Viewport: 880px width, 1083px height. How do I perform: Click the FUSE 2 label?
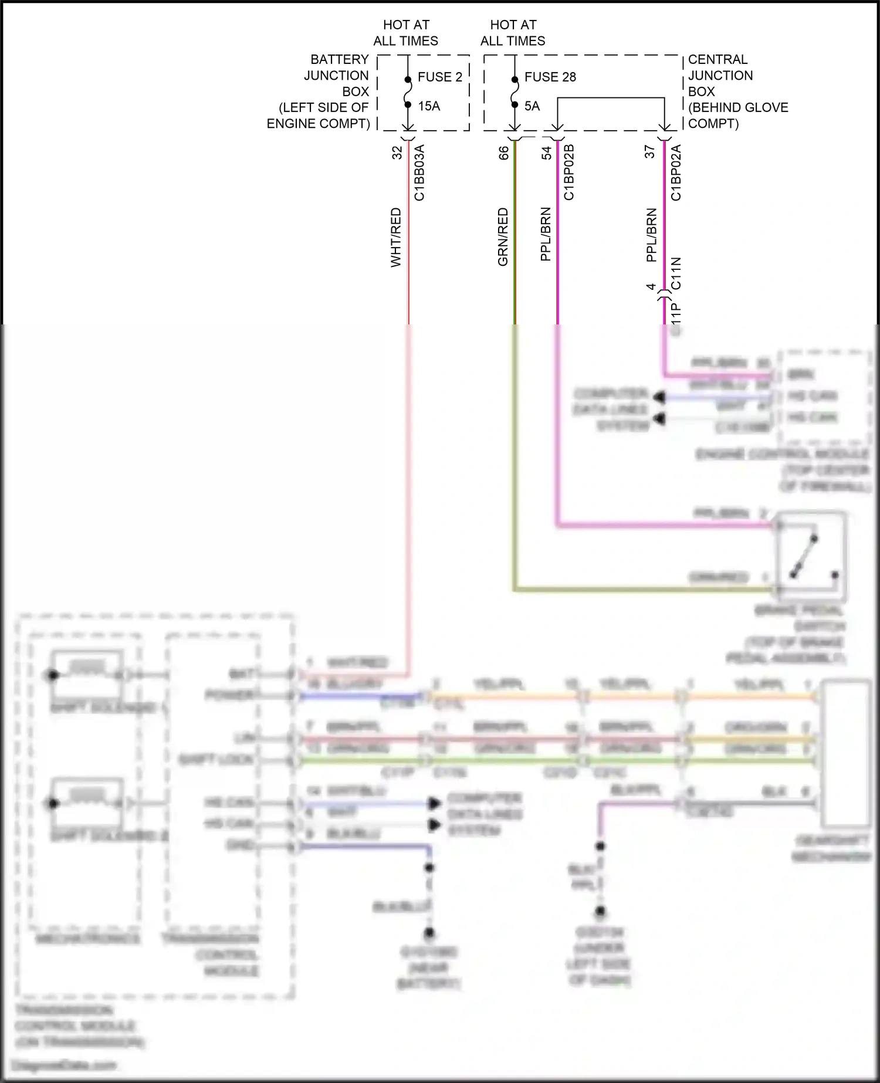click(439, 77)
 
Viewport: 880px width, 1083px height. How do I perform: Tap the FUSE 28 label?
click(550, 77)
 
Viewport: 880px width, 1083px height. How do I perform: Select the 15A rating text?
click(429, 106)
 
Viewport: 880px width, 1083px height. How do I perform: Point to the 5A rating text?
click(532, 106)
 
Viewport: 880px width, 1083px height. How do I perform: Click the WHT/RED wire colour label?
click(396, 237)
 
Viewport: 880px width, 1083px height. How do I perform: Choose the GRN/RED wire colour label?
click(503, 237)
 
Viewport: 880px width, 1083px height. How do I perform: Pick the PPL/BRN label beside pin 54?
click(546, 234)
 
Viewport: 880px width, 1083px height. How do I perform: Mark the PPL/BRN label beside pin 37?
click(651, 235)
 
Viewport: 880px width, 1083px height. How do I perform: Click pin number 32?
click(397, 153)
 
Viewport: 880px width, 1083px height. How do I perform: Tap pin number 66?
click(504, 153)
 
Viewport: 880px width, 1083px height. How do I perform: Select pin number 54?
click(547, 153)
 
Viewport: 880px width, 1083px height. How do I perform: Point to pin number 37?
click(649, 152)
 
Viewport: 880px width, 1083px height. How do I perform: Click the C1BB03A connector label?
click(419, 173)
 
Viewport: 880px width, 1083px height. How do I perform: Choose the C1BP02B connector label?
click(568, 172)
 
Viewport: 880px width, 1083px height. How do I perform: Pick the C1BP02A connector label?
click(676, 172)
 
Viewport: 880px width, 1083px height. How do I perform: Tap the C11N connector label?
click(676, 273)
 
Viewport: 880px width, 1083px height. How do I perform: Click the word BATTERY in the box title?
click(339, 60)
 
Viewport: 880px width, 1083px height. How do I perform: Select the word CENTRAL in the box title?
click(717, 60)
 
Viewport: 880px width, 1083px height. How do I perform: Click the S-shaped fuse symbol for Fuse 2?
click(408, 92)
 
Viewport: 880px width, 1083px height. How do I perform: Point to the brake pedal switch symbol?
click(810, 554)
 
